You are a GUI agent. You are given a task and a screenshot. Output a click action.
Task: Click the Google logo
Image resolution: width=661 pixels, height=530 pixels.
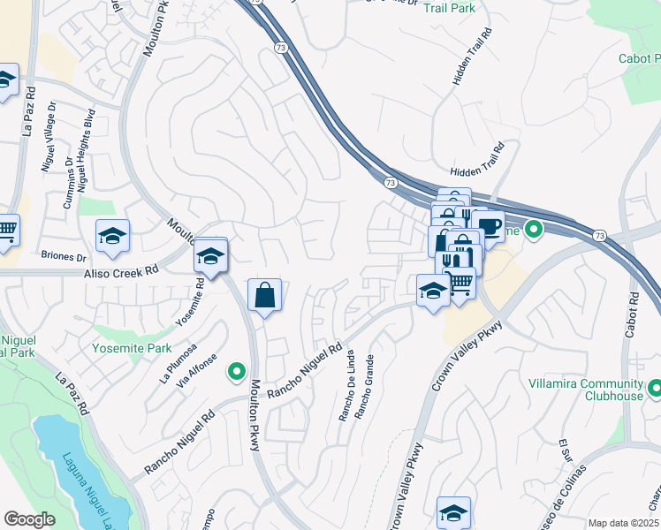[x=29, y=519]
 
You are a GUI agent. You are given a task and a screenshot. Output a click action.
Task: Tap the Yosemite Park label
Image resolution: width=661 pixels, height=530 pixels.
[x=133, y=348]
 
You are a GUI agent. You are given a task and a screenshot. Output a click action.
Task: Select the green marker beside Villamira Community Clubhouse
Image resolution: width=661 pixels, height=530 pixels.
[x=655, y=388]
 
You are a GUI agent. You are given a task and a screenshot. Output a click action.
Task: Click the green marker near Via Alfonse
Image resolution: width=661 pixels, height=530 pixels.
[x=236, y=372]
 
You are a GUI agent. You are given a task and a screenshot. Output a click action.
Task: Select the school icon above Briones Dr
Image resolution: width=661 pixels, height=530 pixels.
[x=113, y=235]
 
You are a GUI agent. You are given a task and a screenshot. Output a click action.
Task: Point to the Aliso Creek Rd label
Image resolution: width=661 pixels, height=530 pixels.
[x=120, y=274]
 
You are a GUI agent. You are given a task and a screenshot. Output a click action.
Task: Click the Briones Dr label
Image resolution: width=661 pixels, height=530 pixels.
[x=64, y=258]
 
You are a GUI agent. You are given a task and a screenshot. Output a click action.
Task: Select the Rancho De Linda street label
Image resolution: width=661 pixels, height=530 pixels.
[x=347, y=388]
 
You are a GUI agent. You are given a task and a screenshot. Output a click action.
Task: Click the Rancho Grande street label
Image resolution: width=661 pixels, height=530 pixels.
[x=363, y=387]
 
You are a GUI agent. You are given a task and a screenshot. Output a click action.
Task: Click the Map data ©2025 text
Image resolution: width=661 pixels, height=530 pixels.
[x=623, y=523]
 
